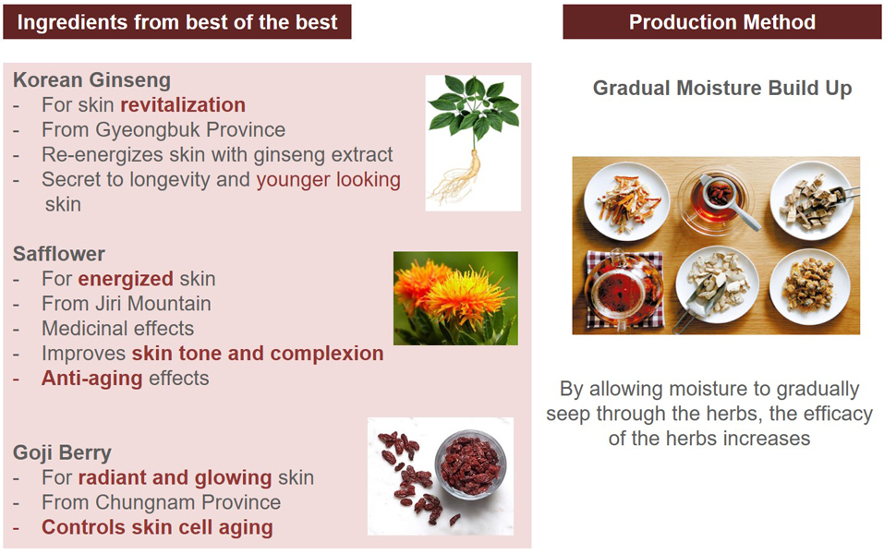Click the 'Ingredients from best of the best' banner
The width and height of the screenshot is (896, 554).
177,22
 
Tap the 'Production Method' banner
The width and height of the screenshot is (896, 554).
721,22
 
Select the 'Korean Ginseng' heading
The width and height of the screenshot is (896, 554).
91,80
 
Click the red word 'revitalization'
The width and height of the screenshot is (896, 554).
183,105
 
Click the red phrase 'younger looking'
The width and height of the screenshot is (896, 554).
328,180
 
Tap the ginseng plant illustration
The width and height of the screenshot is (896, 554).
473,143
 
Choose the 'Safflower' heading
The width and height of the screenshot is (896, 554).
59,254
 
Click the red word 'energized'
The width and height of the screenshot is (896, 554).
125,279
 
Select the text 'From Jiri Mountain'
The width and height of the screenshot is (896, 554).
127,304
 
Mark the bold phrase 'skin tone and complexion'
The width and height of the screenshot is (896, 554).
258,354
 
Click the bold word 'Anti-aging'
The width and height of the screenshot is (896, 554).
91,379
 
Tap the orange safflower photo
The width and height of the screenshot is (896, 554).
456,298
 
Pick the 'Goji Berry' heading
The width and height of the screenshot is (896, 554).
62,453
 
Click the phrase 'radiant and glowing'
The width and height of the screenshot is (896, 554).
175,477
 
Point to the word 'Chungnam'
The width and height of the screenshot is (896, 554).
146,502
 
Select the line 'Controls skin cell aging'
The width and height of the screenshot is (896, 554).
157,527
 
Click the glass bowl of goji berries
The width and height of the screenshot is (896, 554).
470,464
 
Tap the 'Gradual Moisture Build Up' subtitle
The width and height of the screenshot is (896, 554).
722,88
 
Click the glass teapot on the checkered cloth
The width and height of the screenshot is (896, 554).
624,289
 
